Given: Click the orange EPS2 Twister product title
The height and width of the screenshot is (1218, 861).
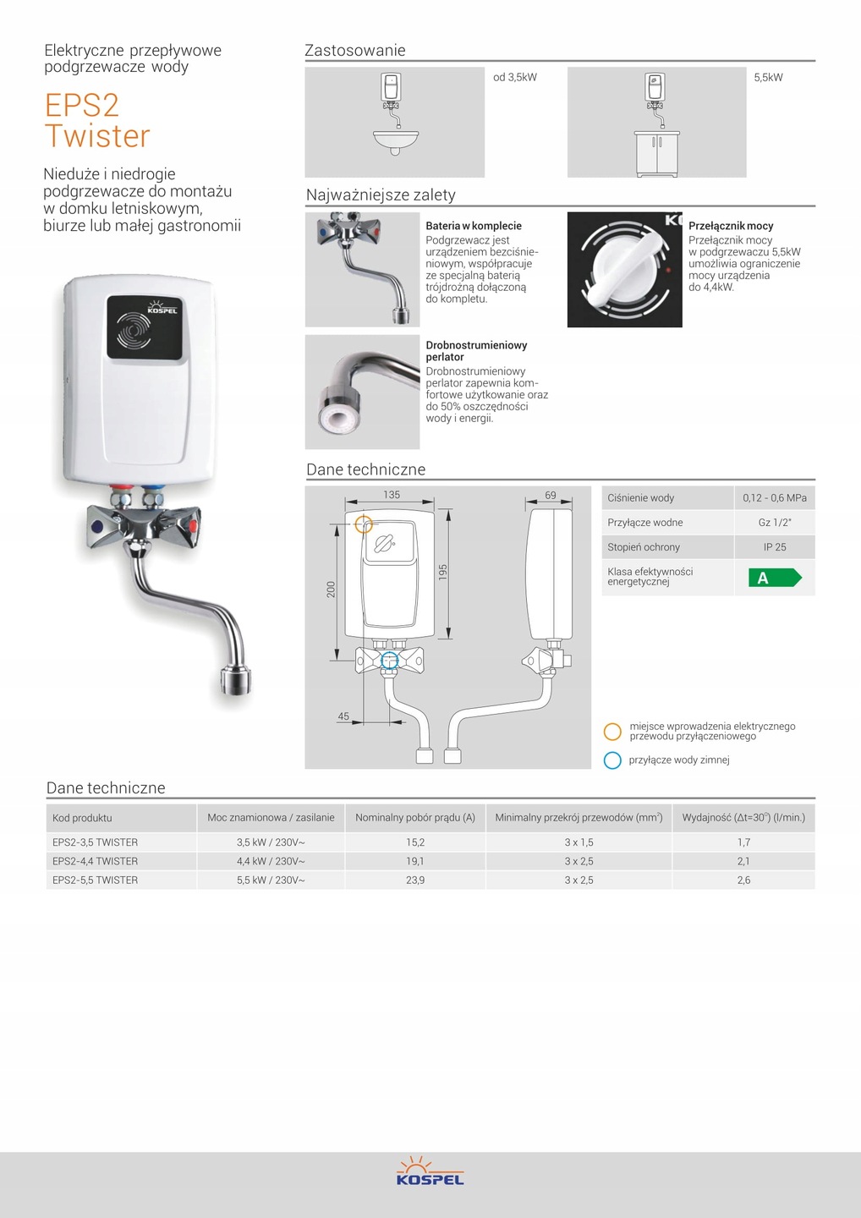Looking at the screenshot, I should pyautogui.click(x=97, y=120).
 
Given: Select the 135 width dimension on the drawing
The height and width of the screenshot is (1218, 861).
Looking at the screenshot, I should pyautogui.click(x=392, y=495).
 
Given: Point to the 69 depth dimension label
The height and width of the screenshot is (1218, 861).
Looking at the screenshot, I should pyautogui.click(x=551, y=495).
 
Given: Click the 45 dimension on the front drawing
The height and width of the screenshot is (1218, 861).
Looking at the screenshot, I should pyautogui.click(x=343, y=716).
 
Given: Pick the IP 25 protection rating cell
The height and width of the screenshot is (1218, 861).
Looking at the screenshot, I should pyautogui.click(x=775, y=547).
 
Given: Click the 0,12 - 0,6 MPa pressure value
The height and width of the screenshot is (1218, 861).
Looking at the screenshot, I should pyautogui.click(x=775, y=498).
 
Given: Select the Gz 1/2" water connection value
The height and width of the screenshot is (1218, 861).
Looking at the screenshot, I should pyautogui.click(x=775, y=523).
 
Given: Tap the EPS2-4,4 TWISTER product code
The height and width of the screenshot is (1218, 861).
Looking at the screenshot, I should pyautogui.click(x=96, y=861).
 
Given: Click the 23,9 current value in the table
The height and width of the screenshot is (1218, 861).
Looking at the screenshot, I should pyautogui.click(x=415, y=881).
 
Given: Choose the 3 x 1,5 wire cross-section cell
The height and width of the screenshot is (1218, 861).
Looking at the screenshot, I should pyautogui.click(x=579, y=842).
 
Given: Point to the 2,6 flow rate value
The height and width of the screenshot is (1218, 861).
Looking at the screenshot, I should pyautogui.click(x=743, y=881).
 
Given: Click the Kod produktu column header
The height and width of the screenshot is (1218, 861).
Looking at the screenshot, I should pyautogui.click(x=82, y=818).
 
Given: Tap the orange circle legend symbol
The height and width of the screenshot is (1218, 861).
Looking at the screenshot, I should pyautogui.click(x=612, y=732).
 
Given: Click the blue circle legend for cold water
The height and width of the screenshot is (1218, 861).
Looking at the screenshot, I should pyautogui.click(x=612, y=760).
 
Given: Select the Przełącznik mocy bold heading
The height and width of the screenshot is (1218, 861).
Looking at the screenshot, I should pyautogui.click(x=731, y=226).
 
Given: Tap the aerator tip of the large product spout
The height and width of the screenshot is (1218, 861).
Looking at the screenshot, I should pyautogui.click(x=236, y=681).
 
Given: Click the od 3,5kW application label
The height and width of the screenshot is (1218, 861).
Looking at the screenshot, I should pyautogui.click(x=515, y=78).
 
